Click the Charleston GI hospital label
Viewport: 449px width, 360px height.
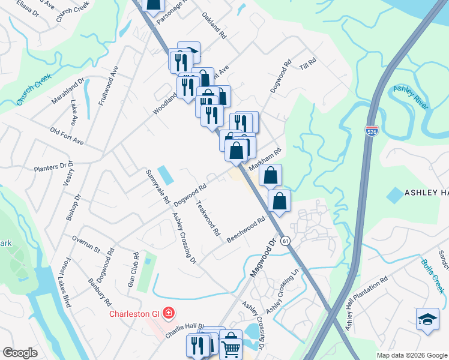pyautogui.click(x=135, y=314)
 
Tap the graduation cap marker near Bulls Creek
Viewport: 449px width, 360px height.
pyautogui.click(x=427, y=319)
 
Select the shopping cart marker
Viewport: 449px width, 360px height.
pyautogui.click(x=231, y=347)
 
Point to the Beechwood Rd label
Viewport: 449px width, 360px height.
pyautogui.click(x=246, y=230)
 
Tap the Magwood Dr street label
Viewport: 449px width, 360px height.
pyautogui.click(x=262, y=258)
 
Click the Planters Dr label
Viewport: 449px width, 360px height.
pyautogui.click(x=53, y=167)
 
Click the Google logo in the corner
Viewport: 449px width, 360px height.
pyautogui.click(x=20, y=352)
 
